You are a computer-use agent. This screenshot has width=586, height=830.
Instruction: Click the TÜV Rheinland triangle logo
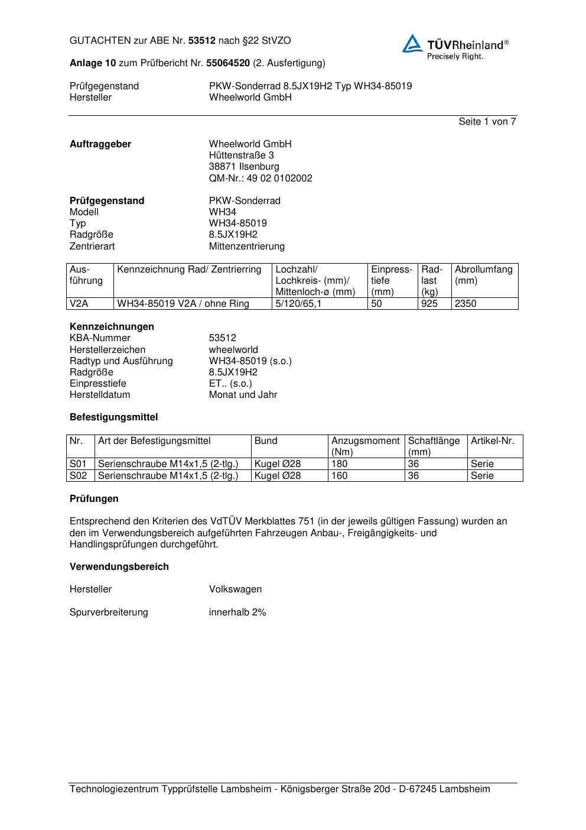pos(412,44)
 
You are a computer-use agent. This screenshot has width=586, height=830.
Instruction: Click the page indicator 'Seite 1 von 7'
pos(487,122)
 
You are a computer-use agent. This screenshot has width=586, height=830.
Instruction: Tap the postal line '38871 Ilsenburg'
pos(244,167)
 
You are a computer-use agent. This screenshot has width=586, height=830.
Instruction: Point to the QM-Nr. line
pos(261,178)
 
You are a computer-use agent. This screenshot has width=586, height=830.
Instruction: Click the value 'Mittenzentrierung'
pos(246,246)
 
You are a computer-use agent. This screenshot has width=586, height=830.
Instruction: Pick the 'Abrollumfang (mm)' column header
pos(484,275)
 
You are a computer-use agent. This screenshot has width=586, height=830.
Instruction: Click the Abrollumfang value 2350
pos(465,304)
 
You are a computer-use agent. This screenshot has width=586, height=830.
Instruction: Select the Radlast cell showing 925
pos(429,304)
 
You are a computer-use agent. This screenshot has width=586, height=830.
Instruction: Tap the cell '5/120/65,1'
pos(298,304)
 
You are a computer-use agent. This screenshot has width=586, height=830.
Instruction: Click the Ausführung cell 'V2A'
pos(79,304)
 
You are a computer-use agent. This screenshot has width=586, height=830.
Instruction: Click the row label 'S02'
pos(79,475)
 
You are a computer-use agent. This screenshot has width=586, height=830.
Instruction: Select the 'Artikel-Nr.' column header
pos(493,441)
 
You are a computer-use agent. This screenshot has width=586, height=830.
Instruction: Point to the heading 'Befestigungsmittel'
pos(114,417)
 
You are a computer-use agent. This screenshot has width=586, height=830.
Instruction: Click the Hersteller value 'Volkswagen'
pos(235,589)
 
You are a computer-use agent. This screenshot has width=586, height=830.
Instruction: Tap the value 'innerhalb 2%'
pos(237,612)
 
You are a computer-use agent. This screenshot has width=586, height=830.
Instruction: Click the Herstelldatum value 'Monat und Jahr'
pos(243,395)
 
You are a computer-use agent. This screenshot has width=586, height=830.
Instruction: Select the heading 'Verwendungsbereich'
pos(119,567)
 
